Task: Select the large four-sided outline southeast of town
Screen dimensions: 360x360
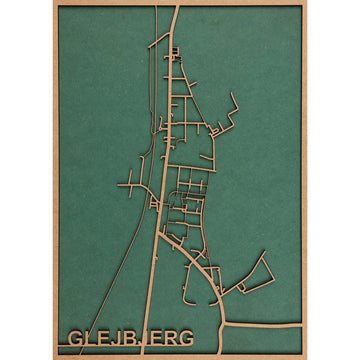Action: coord(253,273)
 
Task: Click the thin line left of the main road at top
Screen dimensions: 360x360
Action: coord(157,12)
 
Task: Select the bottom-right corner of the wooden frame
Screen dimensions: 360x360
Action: coord(304,356)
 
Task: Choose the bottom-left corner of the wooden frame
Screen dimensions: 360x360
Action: coord(55,356)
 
